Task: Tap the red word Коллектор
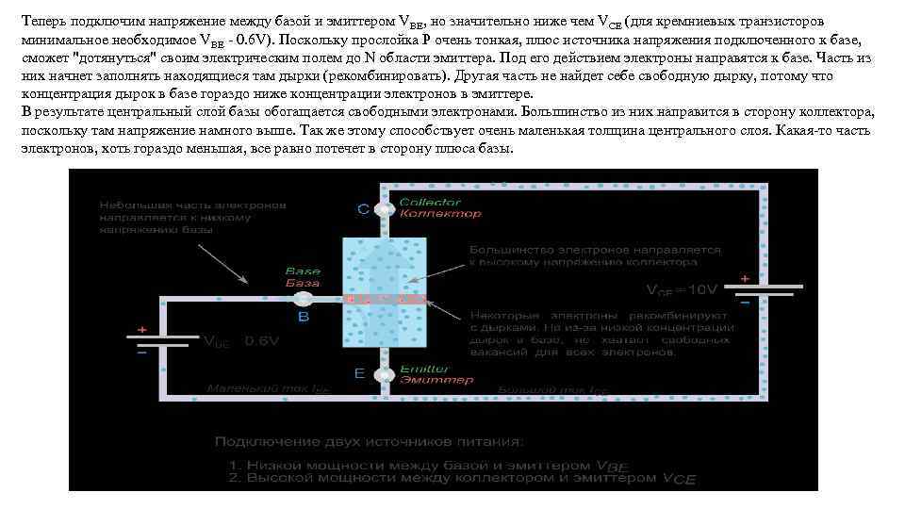[x=427, y=214]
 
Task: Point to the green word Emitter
[x=424, y=369]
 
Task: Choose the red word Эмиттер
[x=430, y=380]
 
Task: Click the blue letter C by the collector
[x=364, y=208]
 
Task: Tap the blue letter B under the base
[x=304, y=319]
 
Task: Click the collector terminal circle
[x=384, y=208]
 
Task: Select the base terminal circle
[x=304, y=299]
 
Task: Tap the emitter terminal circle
[x=384, y=375]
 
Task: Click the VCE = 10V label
[x=682, y=288]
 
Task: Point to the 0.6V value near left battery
[x=261, y=342]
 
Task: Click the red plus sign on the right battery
[x=745, y=279]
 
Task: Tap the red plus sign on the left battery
[x=141, y=330]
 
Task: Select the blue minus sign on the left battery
[x=141, y=353]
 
